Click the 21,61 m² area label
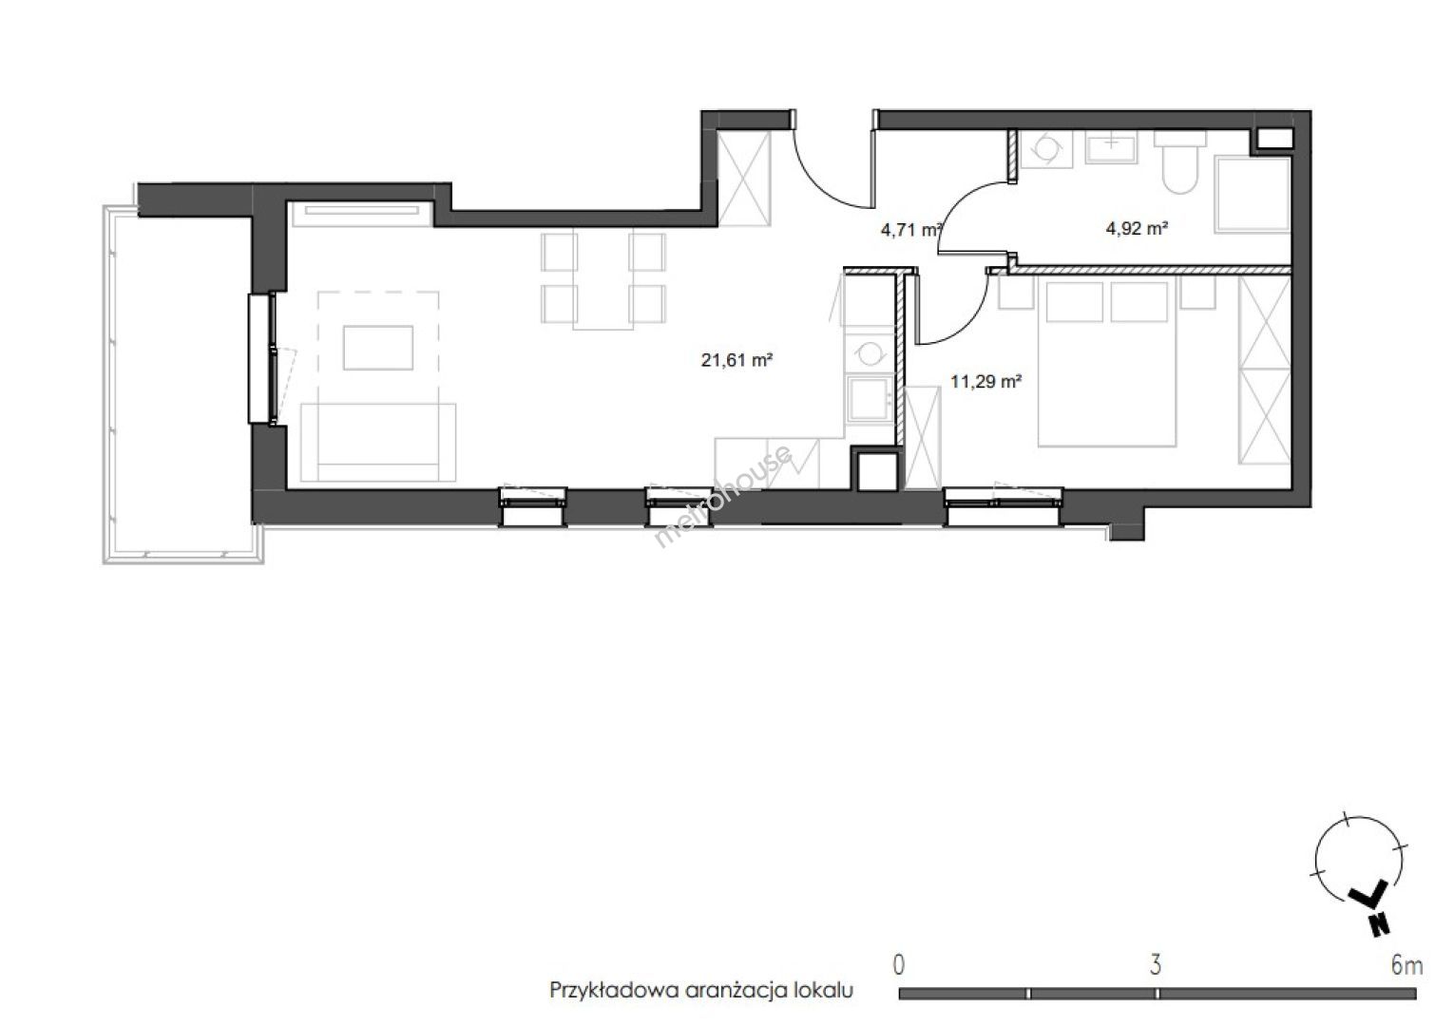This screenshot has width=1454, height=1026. (737, 359)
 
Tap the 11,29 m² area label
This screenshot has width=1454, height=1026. (986, 381)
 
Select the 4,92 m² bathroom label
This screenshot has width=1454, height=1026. (1138, 228)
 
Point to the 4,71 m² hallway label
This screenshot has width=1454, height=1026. (911, 229)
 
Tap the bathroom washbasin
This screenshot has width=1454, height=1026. (1111, 147)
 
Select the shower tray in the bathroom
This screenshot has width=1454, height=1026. (1253, 194)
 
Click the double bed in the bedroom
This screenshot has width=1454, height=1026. (1107, 361)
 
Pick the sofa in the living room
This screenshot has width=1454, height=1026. (378, 442)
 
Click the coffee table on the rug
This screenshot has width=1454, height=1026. (378, 348)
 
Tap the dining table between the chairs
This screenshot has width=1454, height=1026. (603, 280)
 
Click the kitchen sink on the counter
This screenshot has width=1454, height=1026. (870, 398)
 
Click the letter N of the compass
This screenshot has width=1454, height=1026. (1378, 923)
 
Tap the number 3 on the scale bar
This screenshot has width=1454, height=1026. (1155, 965)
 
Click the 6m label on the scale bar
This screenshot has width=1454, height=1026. (1406, 965)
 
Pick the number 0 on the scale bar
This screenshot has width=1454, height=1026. (898, 965)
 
